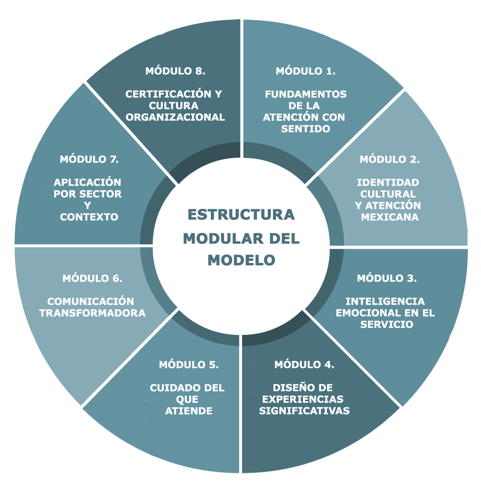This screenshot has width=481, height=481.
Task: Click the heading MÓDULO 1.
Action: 305,71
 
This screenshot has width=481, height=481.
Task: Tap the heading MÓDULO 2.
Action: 389,160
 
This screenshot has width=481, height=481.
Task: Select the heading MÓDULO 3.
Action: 386,278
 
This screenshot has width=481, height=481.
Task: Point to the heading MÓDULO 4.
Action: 304,365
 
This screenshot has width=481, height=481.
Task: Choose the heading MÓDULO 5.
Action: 188,365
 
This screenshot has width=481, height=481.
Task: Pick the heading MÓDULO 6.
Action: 92,278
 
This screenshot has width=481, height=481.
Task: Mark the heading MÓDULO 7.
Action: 89,160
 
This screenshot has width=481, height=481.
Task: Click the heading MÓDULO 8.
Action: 175,71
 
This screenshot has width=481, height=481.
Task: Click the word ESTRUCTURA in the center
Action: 241,215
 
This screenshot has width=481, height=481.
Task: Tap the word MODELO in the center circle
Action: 241,260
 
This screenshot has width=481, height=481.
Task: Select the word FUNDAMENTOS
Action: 305,95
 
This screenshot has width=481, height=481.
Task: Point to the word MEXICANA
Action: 389,217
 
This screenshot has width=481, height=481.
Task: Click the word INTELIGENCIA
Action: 385,301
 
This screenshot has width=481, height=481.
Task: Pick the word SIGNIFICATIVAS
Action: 304,411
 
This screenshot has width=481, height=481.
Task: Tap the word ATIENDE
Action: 188,411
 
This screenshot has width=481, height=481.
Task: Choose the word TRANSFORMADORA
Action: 92,313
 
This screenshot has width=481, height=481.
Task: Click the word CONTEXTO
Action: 89,217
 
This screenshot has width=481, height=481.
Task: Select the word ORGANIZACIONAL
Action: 175,117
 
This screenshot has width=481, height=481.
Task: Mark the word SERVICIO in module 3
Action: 386,324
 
